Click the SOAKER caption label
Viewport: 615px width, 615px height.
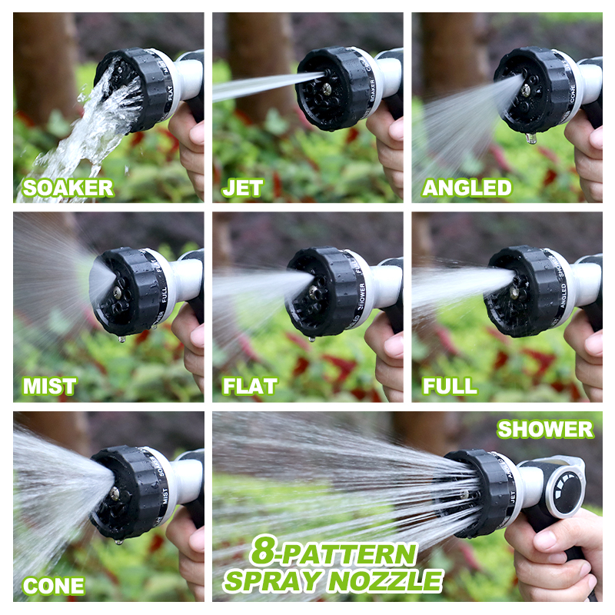[68, 188]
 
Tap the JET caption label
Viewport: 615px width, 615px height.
[243, 188]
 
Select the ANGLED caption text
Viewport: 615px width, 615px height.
[467, 188]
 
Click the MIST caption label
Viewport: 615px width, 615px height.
[49, 386]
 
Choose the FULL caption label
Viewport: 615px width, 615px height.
[449, 386]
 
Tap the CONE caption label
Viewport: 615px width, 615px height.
[52, 586]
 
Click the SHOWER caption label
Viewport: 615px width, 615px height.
[545, 429]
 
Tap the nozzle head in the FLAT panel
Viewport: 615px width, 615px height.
[323, 292]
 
